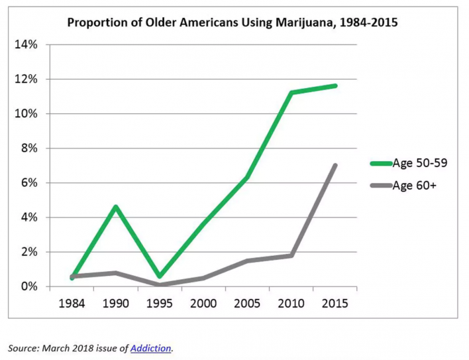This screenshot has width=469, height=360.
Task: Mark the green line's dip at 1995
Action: [x=160, y=276]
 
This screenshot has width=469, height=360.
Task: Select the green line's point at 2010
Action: [x=291, y=93]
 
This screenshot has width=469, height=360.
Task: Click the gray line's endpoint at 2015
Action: [x=335, y=165]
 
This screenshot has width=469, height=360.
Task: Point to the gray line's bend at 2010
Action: [x=291, y=255]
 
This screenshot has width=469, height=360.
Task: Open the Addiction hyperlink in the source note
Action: [x=150, y=347]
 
